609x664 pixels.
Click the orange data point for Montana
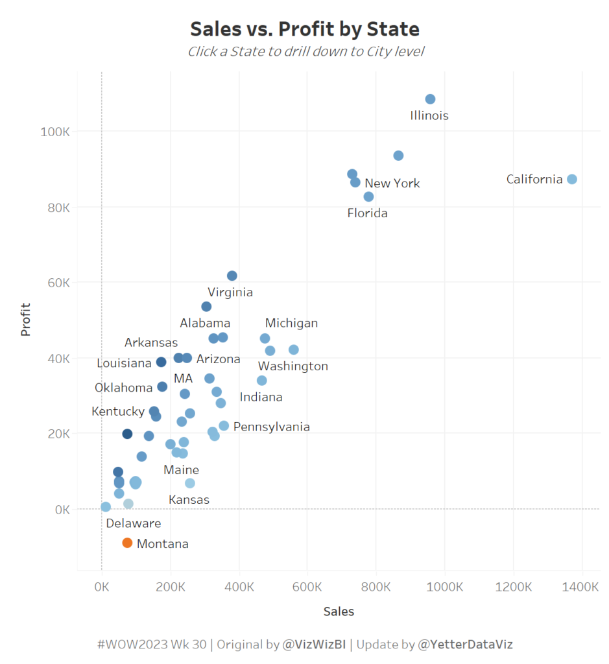tap(127, 543)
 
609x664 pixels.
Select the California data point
tap(571, 179)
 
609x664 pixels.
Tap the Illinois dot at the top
tap(430, 99)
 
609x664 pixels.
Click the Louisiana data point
tap(161, 362)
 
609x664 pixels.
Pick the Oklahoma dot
tap(162, 386)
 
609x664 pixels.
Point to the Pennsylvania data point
tap(224, 425)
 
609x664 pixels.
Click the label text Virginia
tap(230, 292)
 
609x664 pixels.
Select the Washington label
tap(293, 366)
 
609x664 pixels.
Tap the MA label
tap(183, 378)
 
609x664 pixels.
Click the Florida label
tap(367, 213)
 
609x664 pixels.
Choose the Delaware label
tap(134, 523)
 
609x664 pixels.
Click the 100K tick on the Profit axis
tap(55, 132)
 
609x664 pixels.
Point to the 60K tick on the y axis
tap(57, 283)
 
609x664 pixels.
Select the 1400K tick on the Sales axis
tap(582, 587)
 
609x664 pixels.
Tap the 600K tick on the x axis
tap(307, 587)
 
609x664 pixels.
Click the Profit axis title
tap(26, 320)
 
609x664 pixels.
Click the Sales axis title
tap(339, 611)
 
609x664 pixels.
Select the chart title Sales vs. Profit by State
tap(305, 29)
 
